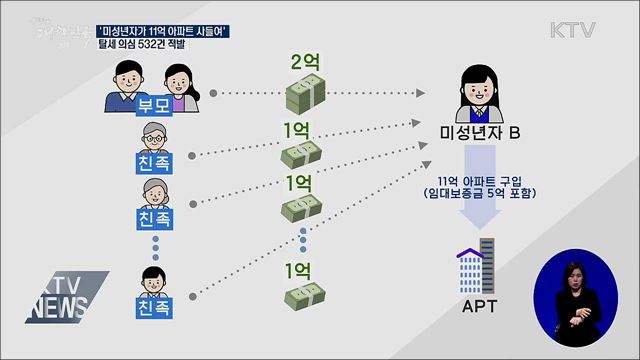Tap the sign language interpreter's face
[x=573, y=275]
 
